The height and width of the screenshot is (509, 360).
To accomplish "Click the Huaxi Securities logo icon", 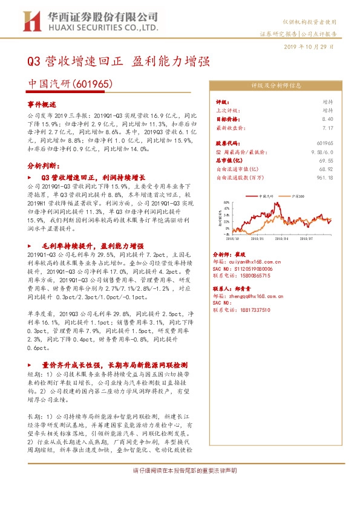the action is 29,22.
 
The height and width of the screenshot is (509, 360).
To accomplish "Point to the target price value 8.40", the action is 327,120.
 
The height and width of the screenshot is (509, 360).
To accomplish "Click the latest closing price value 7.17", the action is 327,128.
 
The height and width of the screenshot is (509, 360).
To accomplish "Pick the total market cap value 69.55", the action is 326,161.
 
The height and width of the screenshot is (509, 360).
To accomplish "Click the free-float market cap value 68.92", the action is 326,170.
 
